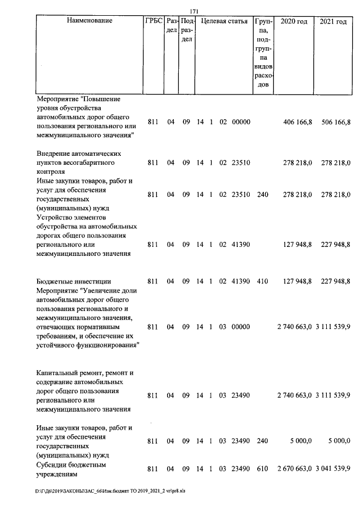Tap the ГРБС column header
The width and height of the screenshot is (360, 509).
tap(154, 21)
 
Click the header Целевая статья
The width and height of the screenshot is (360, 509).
tap(224, 21)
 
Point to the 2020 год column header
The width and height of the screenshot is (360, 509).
tap(294, 21)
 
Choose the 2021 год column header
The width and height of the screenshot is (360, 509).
tap(333, 21)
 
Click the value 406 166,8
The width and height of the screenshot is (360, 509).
tap(297, 122)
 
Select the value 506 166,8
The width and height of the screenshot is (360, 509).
tap(335, 122)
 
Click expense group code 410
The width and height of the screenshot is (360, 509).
tap(262, 281)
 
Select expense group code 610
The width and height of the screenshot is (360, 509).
tap(262, 469)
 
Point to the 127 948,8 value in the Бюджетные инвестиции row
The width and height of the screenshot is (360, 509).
tap(297, 281)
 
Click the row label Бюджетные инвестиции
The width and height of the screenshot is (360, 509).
tap(74, 281)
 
